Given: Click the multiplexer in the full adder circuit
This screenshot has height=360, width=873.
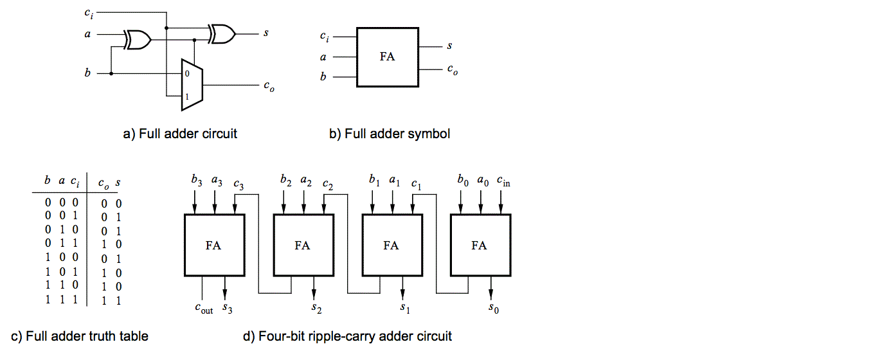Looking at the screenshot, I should pyautogui.click(x=192, y=84).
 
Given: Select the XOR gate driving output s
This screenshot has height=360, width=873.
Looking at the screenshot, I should pyautogui.click(x=221, y=33).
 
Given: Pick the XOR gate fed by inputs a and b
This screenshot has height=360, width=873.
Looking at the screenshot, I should pyautogui.click(x=138, y=41).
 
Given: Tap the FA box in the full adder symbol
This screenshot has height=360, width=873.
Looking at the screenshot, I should pyautogui.click(x=387, y=57).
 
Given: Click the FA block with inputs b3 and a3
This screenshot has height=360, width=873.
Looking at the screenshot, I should pyautogui.click(x=213, y=245).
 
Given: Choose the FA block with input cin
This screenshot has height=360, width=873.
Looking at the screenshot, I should pyautogui.click(x=480, y=245).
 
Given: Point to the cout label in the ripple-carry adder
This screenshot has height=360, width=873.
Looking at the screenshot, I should pyautogui.click(x=203, y=308).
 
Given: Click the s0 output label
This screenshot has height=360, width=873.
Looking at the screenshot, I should pyautogui.click(x=492, y=308).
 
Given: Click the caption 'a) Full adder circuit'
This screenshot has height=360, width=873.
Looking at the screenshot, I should pyautogui.click(x=180, y=134).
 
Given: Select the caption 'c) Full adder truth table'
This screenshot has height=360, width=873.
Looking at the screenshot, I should pyautogui.click(x=80, y=336).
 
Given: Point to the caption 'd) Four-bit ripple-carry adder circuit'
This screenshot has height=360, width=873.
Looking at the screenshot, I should pyautogui.click(x=347, y=336).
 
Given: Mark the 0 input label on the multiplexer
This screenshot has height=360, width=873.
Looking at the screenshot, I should pyautogui.click(x=187, y=74).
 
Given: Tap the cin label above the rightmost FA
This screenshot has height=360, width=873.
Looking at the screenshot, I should pyautogui.click(x=503, y=182).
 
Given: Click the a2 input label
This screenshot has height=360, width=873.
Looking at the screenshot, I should pyautogui.click(x=306, y=182).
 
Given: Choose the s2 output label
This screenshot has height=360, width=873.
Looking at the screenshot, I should pyautogui.click(x=315, y=308).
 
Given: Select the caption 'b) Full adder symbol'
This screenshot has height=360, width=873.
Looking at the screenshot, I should pyautogui.click(x=390, y=134).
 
